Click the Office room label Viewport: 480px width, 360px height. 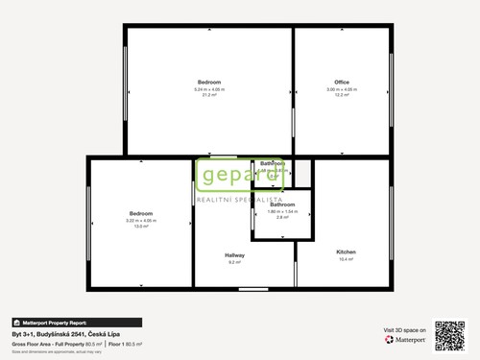click(x=342, y=82)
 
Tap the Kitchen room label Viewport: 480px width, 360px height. click(x=346, y=252)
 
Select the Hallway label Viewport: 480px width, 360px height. click(x=235, y=254)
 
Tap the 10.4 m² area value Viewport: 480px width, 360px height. click(x=346, y=259)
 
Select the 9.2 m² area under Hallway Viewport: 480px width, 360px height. click(x=235, y=262)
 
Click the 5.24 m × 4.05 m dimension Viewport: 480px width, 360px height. click(x=209, y=89)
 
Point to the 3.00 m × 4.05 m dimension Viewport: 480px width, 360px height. click(x=342, y=89)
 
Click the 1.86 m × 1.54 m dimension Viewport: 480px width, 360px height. click(x=282, y=211)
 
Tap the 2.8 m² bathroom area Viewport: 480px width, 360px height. click(x=282, y=218)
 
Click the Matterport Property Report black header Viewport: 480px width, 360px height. click(x=76, y=323)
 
